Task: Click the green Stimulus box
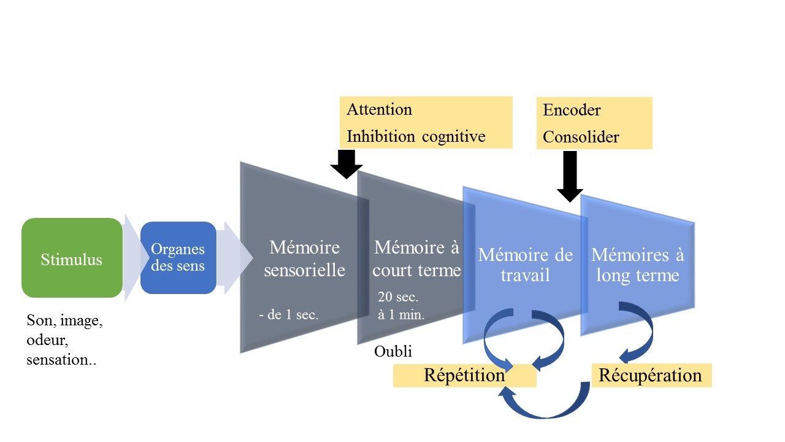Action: (72, 258)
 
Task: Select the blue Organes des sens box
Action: (178, 258)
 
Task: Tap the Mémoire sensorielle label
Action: (305, 258)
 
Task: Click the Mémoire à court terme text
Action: (417, 258)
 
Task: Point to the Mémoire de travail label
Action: (526, 264)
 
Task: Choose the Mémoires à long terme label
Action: (638, 264)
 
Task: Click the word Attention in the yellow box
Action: (379, 110)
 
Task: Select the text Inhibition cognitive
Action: (416, 136)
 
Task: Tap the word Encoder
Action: (572, 110)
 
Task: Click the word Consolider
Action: (581, 137)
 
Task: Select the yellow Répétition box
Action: (464, 375)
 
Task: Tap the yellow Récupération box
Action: (650, 375)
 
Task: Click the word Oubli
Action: (393, 352)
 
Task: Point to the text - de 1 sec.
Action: (288, 316)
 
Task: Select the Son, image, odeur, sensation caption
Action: (64, 340)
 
